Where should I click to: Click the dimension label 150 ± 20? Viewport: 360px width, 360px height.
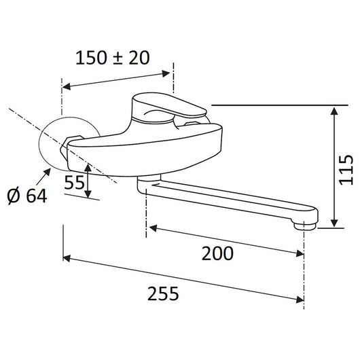pos(113,58)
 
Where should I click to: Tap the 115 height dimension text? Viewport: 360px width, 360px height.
pos(346,170)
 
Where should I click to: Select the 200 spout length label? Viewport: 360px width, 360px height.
pos(217,253)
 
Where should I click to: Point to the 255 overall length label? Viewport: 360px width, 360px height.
pos(163,293)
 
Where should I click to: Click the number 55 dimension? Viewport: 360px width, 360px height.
pos(74,183)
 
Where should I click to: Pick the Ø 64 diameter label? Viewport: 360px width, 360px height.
pos(27,196)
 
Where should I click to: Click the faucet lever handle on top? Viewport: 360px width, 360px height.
pos(169,105)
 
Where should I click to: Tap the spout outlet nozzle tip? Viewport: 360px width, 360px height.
pos(305,226)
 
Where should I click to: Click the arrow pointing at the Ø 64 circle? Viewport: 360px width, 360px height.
pos(43,176)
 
